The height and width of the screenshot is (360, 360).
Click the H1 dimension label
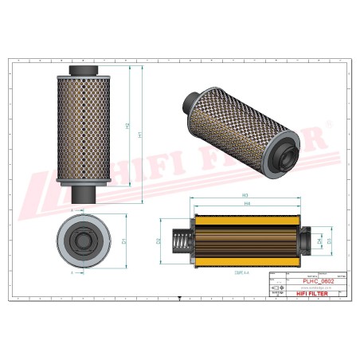[x=141, y=135]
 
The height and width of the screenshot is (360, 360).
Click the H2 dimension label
[x=127, y=127]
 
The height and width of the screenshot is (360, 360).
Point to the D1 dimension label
[x=124, y=240]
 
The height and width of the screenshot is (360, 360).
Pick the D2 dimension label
[x=159, y=241]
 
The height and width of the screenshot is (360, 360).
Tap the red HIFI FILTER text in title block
[x=304, y=293]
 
